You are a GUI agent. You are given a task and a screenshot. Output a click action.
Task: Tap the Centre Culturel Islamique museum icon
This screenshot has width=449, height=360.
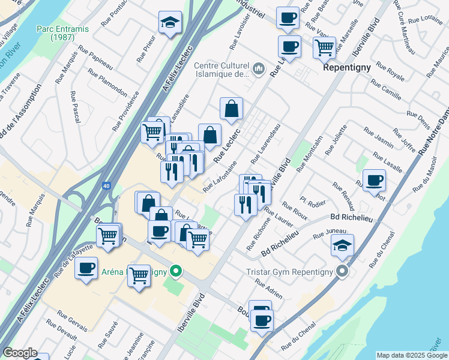tap(259, 69)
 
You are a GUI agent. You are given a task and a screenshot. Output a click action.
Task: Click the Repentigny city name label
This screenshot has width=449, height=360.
tap(347, 67)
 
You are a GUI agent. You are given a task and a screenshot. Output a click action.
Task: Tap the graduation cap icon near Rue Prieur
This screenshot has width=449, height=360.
tap(170, 23)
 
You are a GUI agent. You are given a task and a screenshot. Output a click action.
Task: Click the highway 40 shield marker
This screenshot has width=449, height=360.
tap(106, 186)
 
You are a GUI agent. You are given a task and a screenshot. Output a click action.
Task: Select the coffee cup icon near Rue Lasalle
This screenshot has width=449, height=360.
tap(375, 179)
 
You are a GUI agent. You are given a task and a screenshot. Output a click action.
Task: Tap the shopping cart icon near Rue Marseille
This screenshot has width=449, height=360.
tap(324, 46)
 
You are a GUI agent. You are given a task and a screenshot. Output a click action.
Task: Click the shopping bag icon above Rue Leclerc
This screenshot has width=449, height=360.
tap(231, 109)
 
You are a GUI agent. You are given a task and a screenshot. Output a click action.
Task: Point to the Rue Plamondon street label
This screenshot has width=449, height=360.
tap(107, 82)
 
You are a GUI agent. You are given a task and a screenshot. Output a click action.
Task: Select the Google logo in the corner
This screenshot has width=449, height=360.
tap(20, 353)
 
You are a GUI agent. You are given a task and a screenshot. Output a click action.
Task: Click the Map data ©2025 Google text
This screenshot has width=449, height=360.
tap(411, 355)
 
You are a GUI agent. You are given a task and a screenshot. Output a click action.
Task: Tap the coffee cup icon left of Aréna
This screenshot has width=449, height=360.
tap(86, 267)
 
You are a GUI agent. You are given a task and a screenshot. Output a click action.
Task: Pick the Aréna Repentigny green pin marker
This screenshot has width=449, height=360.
tap(175, 271)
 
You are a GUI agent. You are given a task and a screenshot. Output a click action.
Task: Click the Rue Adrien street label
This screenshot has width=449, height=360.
tap(268, 290)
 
